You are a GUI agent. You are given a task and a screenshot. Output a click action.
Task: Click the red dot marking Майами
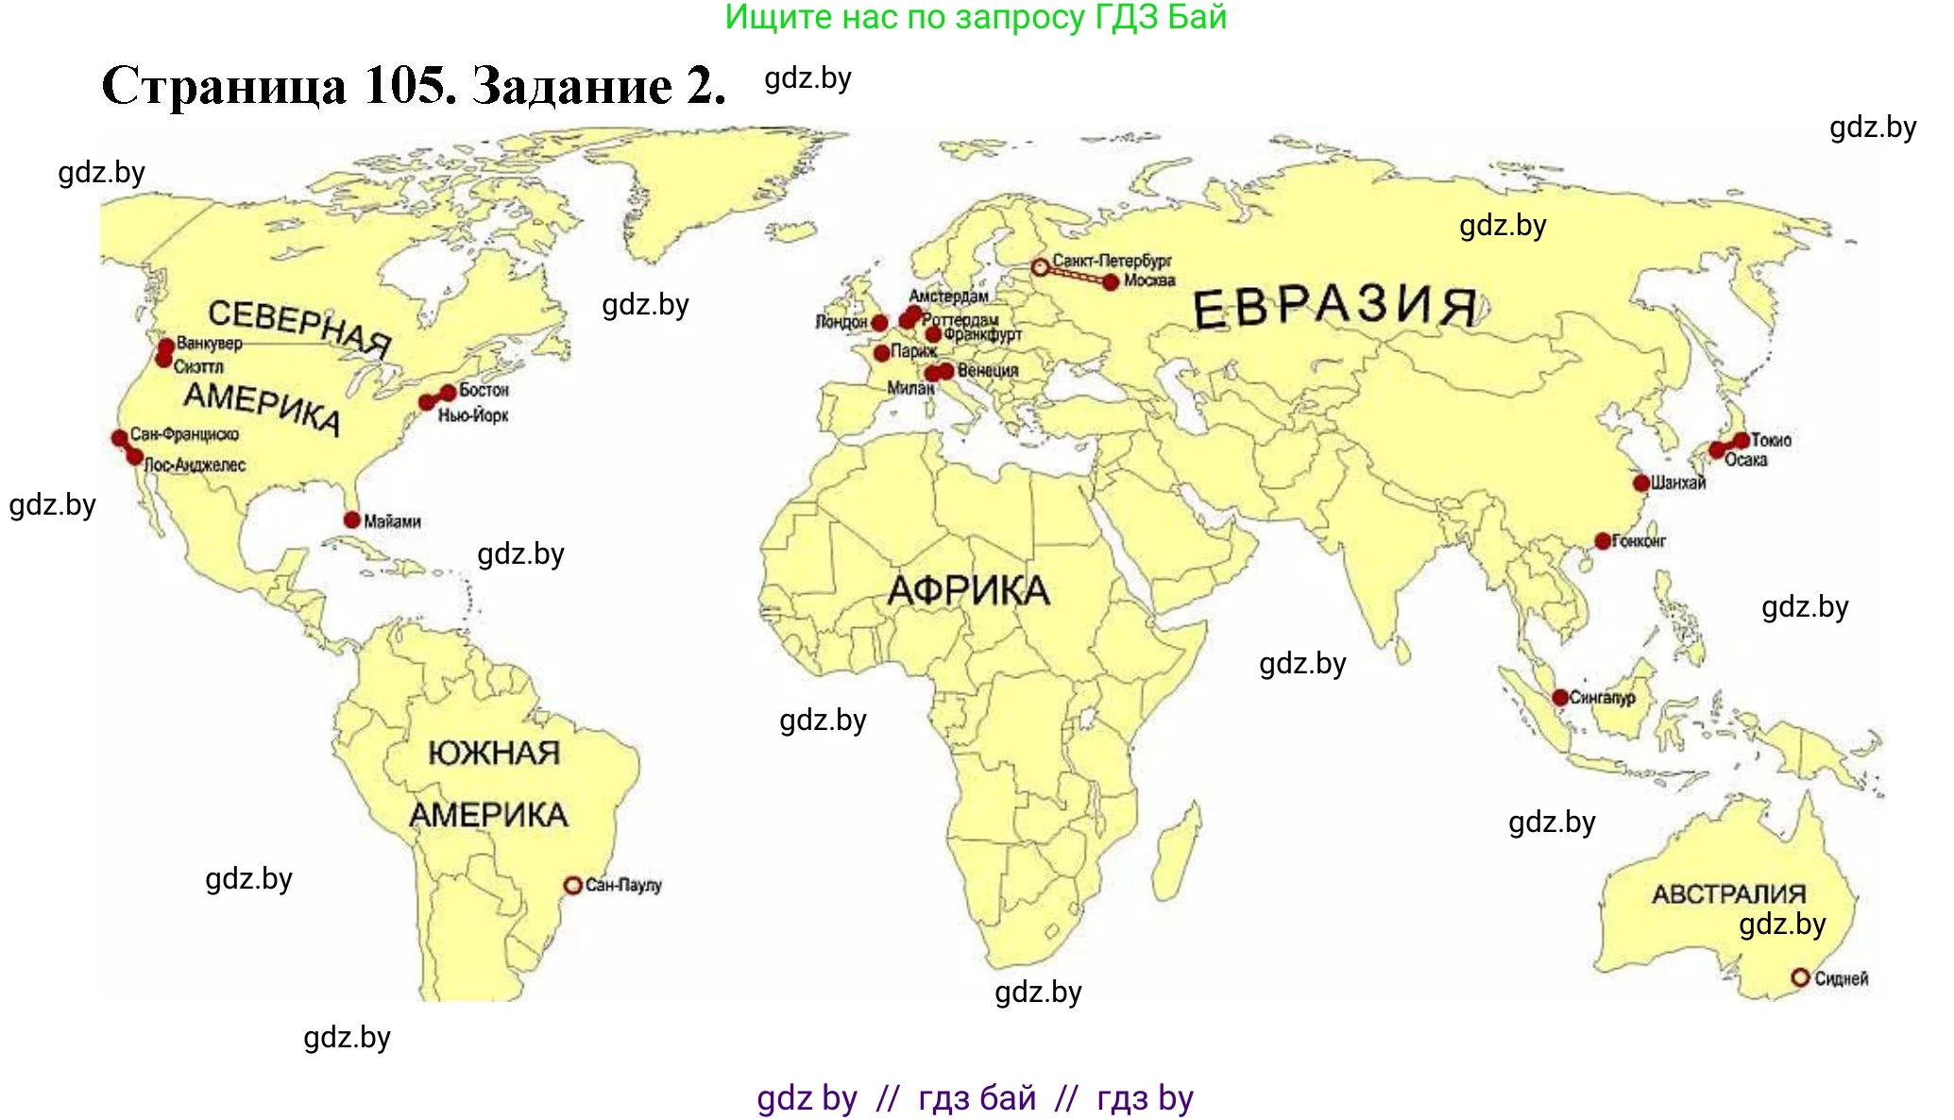coord(352,519)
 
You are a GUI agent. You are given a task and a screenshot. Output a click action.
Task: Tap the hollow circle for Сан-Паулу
coord(572,885)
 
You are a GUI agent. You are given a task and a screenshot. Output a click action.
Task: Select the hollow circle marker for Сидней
coord(1800,977)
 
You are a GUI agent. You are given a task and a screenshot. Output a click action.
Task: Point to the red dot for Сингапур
coord(1560,697)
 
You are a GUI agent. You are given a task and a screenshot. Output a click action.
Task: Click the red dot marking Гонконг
coord(1603,541)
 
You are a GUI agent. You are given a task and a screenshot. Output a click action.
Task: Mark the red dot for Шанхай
coord(1641,483)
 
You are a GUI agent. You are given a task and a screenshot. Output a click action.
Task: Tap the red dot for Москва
coord(1111,281)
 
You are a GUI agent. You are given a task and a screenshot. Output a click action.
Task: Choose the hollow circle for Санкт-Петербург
coord(1040,267)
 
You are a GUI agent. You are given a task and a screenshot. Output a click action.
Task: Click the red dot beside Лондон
coord(879,323)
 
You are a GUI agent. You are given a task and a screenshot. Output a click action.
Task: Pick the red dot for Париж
coord(882,353)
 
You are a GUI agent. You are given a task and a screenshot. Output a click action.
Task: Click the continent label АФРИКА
coord(968,591)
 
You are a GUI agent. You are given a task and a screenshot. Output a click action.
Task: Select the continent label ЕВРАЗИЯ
coord(1334,307)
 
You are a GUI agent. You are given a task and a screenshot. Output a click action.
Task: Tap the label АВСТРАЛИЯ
coord(1728,893)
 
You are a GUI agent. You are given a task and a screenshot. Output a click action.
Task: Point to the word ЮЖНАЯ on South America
coord(494,753)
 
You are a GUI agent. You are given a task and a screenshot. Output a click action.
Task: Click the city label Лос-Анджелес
coord(195,465)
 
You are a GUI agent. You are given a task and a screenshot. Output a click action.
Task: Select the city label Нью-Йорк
coord(473,416)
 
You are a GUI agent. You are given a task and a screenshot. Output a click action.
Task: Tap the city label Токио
coord(1771,440)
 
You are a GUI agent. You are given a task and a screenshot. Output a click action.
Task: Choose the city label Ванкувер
coord(210,344)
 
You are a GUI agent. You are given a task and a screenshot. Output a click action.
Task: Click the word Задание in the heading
coord(572,86)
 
